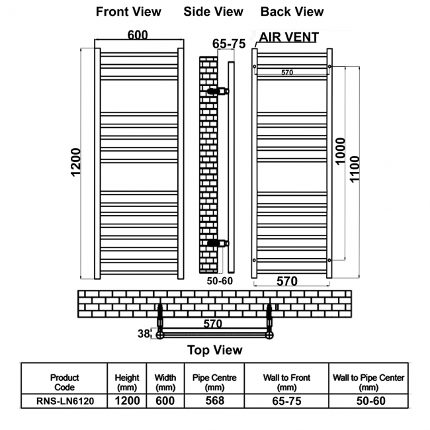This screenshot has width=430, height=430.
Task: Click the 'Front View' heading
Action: (x=128, y=12)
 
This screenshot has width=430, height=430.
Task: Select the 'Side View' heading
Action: (x=214, y=12)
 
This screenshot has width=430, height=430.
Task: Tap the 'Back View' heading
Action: (x=292, y=12)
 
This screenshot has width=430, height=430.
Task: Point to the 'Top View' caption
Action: (x=215, y=350)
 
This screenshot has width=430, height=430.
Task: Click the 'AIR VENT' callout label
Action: (x=289, y=37)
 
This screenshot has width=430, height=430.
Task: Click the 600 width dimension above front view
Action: (x=138, y=35)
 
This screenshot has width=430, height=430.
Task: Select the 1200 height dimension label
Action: (x=75, y=162)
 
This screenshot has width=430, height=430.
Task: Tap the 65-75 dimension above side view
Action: (x=229, y=44)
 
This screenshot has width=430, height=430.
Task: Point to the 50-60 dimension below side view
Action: (x=220, y=281)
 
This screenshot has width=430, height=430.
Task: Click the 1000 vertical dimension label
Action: (x=340, y=151)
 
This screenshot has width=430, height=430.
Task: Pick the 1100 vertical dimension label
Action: (x=355, y=169)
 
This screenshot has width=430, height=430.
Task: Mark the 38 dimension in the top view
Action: (x=144, y=333)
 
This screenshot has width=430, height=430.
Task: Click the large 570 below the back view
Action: (x=287, y=281)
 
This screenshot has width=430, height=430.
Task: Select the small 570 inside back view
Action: (x=287, y=72)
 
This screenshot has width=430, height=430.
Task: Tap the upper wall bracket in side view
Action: (x=218, y=91)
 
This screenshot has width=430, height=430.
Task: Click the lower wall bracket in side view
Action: (x=218, y=243)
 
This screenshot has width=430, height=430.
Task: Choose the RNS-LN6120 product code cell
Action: (x=64, y=401)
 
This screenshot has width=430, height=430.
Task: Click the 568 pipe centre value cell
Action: (x=215, y=401)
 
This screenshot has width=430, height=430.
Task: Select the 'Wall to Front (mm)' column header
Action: (x=286, y=382)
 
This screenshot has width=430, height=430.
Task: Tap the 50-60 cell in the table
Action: (x=370, y=401)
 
